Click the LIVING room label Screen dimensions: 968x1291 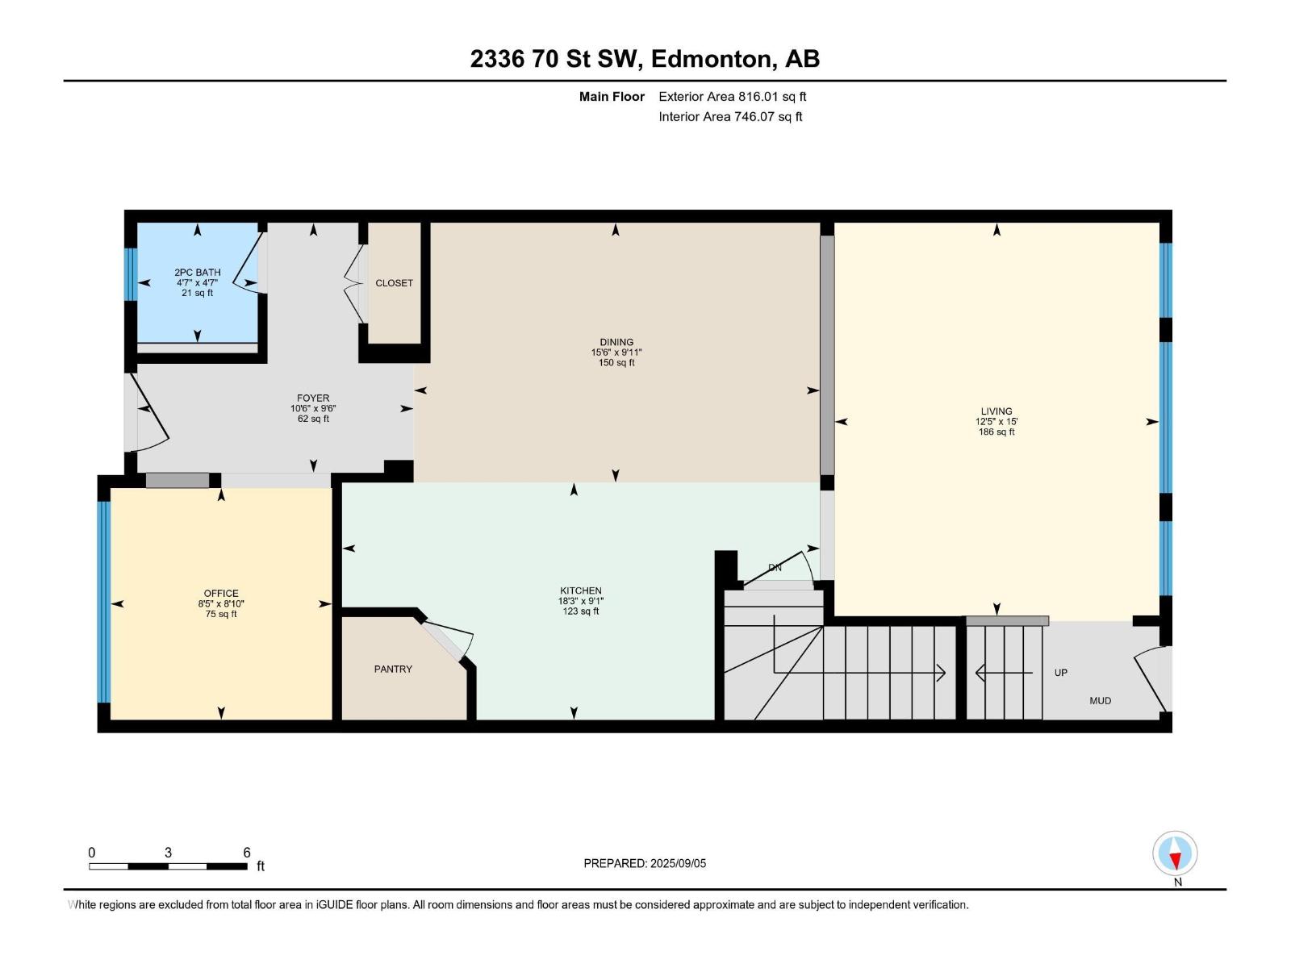pos(996,411)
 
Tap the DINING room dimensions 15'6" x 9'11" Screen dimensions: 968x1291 pos(616,353)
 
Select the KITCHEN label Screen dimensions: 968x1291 pos(581,590)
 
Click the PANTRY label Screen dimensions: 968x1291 pos(393,669)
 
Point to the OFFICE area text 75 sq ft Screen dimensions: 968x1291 pos(221,614)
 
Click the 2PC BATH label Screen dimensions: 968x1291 pos(198,273)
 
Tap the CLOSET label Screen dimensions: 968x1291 pos(394,283)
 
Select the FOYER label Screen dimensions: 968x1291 pos(313,398)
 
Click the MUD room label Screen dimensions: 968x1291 pos(1100,700)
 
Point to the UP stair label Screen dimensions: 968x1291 pos(1060,673)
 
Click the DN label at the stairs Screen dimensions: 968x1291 pos(775,568)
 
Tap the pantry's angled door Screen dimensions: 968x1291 pos(446,641)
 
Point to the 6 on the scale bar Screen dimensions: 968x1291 pos(247,853)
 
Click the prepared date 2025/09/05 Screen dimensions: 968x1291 pos(678,863)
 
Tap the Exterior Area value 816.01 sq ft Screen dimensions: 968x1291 pos(772,97)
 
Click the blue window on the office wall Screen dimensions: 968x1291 pos(103,602)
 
